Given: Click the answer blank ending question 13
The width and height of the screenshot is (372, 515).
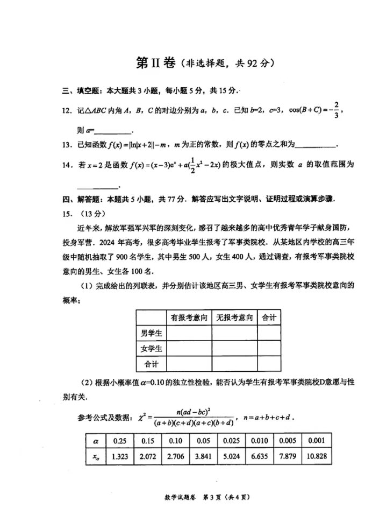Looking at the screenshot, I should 316,144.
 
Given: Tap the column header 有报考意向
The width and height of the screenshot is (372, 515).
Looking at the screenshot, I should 190,318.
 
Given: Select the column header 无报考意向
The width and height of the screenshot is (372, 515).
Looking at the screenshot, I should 235,318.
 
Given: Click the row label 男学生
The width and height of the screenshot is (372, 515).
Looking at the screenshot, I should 151,333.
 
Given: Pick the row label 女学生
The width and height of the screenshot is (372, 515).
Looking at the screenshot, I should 151,348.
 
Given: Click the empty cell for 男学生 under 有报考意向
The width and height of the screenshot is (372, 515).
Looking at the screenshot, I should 190,333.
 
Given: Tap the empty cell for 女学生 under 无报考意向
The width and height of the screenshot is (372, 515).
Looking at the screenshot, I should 235,348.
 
